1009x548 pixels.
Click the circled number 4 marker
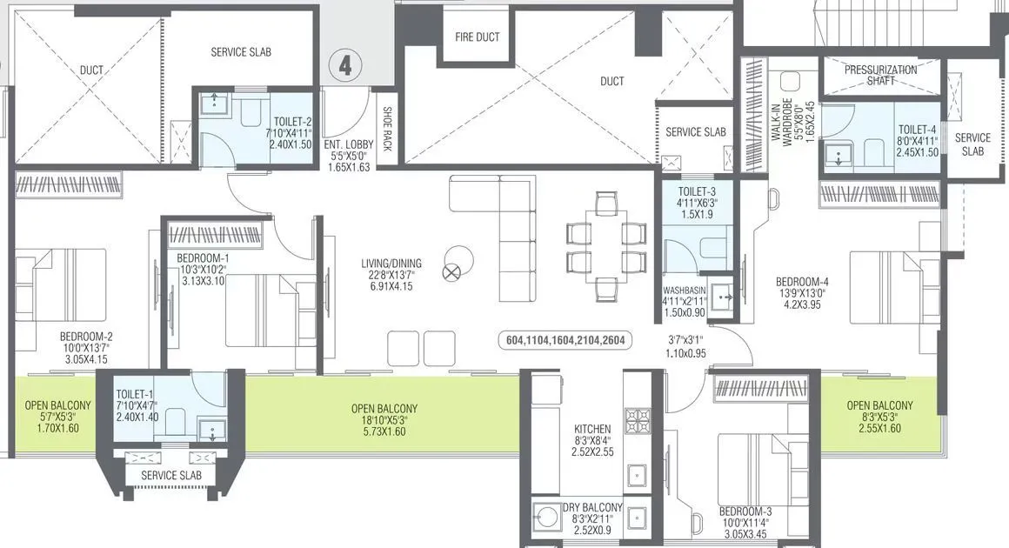tap(345, 67)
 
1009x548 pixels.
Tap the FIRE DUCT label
tap(478, 37)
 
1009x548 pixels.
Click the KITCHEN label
tap(591, 429)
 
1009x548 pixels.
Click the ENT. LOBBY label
tap(348, 144)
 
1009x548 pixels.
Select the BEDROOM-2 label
tap(86, 337)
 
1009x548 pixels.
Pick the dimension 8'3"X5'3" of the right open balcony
tap(879, 417)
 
